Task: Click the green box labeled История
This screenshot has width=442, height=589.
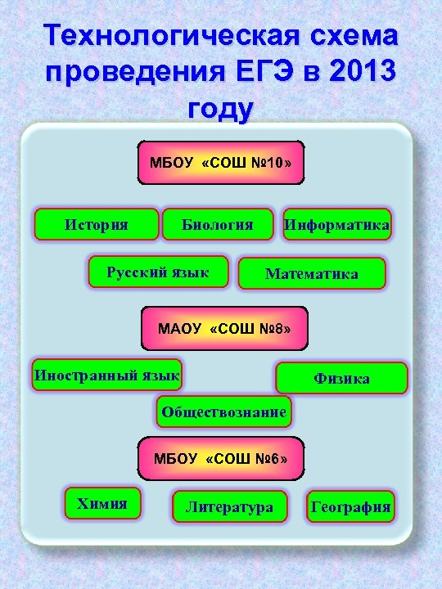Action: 97,224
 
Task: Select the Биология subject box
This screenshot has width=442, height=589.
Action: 217,224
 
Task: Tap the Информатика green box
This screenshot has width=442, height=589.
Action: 336,224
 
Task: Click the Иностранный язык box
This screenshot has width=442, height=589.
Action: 106,375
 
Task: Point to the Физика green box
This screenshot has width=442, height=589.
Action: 341,379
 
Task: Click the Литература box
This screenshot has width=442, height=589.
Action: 229,507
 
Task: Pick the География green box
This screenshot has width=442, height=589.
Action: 350,507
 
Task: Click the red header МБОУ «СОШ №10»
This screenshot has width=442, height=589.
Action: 221,162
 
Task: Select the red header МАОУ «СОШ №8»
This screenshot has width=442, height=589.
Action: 224,328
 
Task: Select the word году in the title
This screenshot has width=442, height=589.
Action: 221,108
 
